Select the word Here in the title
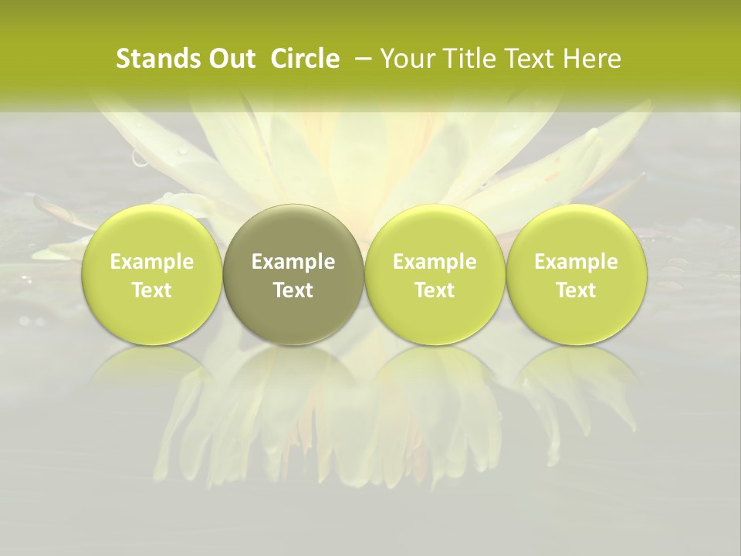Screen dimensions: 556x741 click(591, 59)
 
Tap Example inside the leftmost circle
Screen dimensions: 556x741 click(151, 262)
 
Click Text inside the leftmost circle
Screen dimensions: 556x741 click(151, 290)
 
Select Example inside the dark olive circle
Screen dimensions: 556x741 click(293, 262)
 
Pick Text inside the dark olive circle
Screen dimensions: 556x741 click(293, 290)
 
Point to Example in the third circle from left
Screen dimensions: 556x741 click(435, 262)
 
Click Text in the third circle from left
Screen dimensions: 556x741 click(435, 290)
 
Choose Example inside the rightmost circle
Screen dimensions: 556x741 click(576, 262)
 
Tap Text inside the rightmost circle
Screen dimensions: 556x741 click(576, 290)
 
